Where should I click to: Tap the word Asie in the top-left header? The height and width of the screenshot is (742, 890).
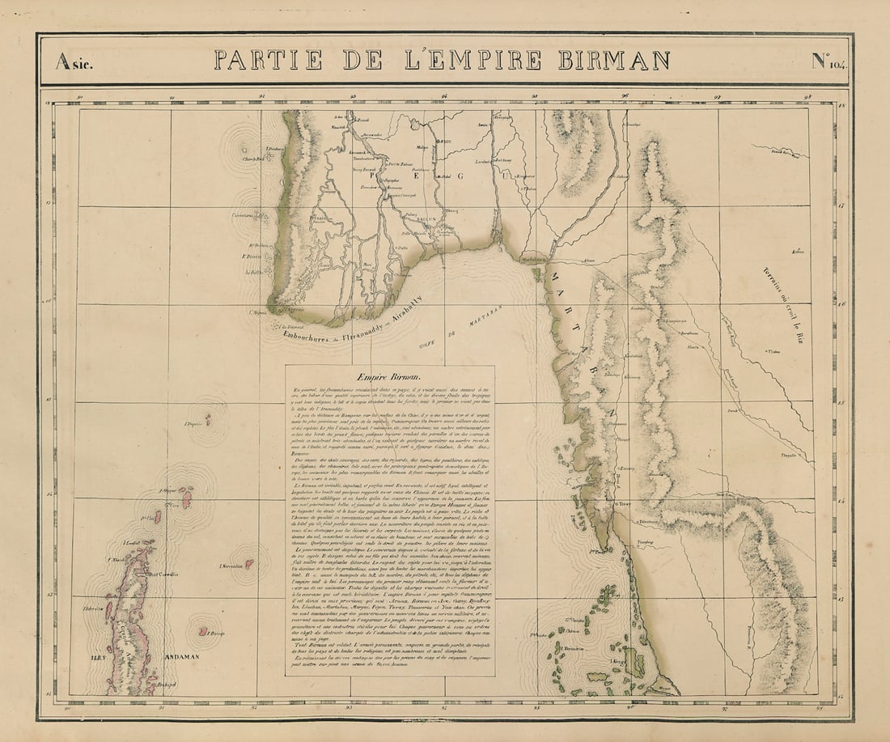(74, 61)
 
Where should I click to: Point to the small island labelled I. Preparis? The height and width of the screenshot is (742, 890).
(208, 419)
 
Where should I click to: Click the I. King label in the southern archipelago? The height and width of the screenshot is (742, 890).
(616, 662)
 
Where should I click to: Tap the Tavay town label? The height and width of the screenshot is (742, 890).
(624, 504)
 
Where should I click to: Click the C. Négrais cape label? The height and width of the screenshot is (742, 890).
(257, 310)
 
